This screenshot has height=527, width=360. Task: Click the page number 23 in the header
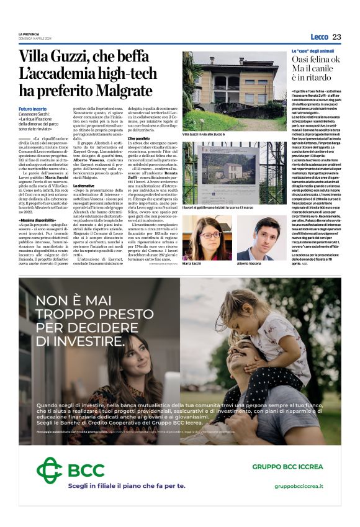click(336, 37)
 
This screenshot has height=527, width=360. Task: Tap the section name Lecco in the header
click(319, 37)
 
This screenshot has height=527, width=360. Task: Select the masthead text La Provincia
click(29, 34)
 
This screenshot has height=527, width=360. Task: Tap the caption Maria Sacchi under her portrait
click(192, 264)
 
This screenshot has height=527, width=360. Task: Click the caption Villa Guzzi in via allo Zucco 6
click(204, 134)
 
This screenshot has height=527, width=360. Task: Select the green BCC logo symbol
click(49, 469)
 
